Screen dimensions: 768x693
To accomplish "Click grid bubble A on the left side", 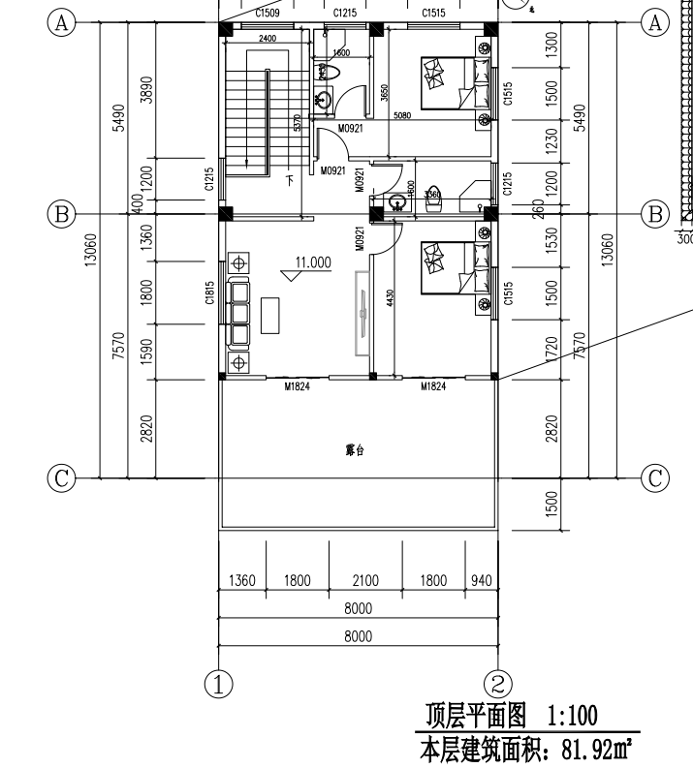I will pyautogui.click(x=63, y=23).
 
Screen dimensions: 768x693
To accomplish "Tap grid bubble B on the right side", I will pyautogui.click(x=656, y=213).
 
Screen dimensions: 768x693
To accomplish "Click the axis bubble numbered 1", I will pyautogui.click(x=221, y=683).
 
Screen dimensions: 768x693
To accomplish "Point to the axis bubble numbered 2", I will pyautogui.click(x=497, y=683).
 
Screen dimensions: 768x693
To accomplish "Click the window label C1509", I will pyautogui.click(x=268, y=14).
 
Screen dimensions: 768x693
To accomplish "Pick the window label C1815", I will pyautogui.click(x=209, y=294).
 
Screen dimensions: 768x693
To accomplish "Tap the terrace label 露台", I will pyautogui.click(x=354, y=450).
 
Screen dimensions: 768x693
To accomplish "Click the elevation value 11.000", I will pyautogui.click(x=313, y=261).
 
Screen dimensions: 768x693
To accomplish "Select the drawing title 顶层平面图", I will pyautogui.click(x=476, y=716).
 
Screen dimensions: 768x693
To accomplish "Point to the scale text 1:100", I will pyautogui.click(x=572, y=716).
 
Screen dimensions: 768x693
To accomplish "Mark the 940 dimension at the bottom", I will pyautogui.click(x=481, y=581).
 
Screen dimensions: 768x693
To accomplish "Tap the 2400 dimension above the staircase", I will pyautogui.click(x=267, y=39).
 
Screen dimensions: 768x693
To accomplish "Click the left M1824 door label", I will pyautogui.click(x=297, y=387).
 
